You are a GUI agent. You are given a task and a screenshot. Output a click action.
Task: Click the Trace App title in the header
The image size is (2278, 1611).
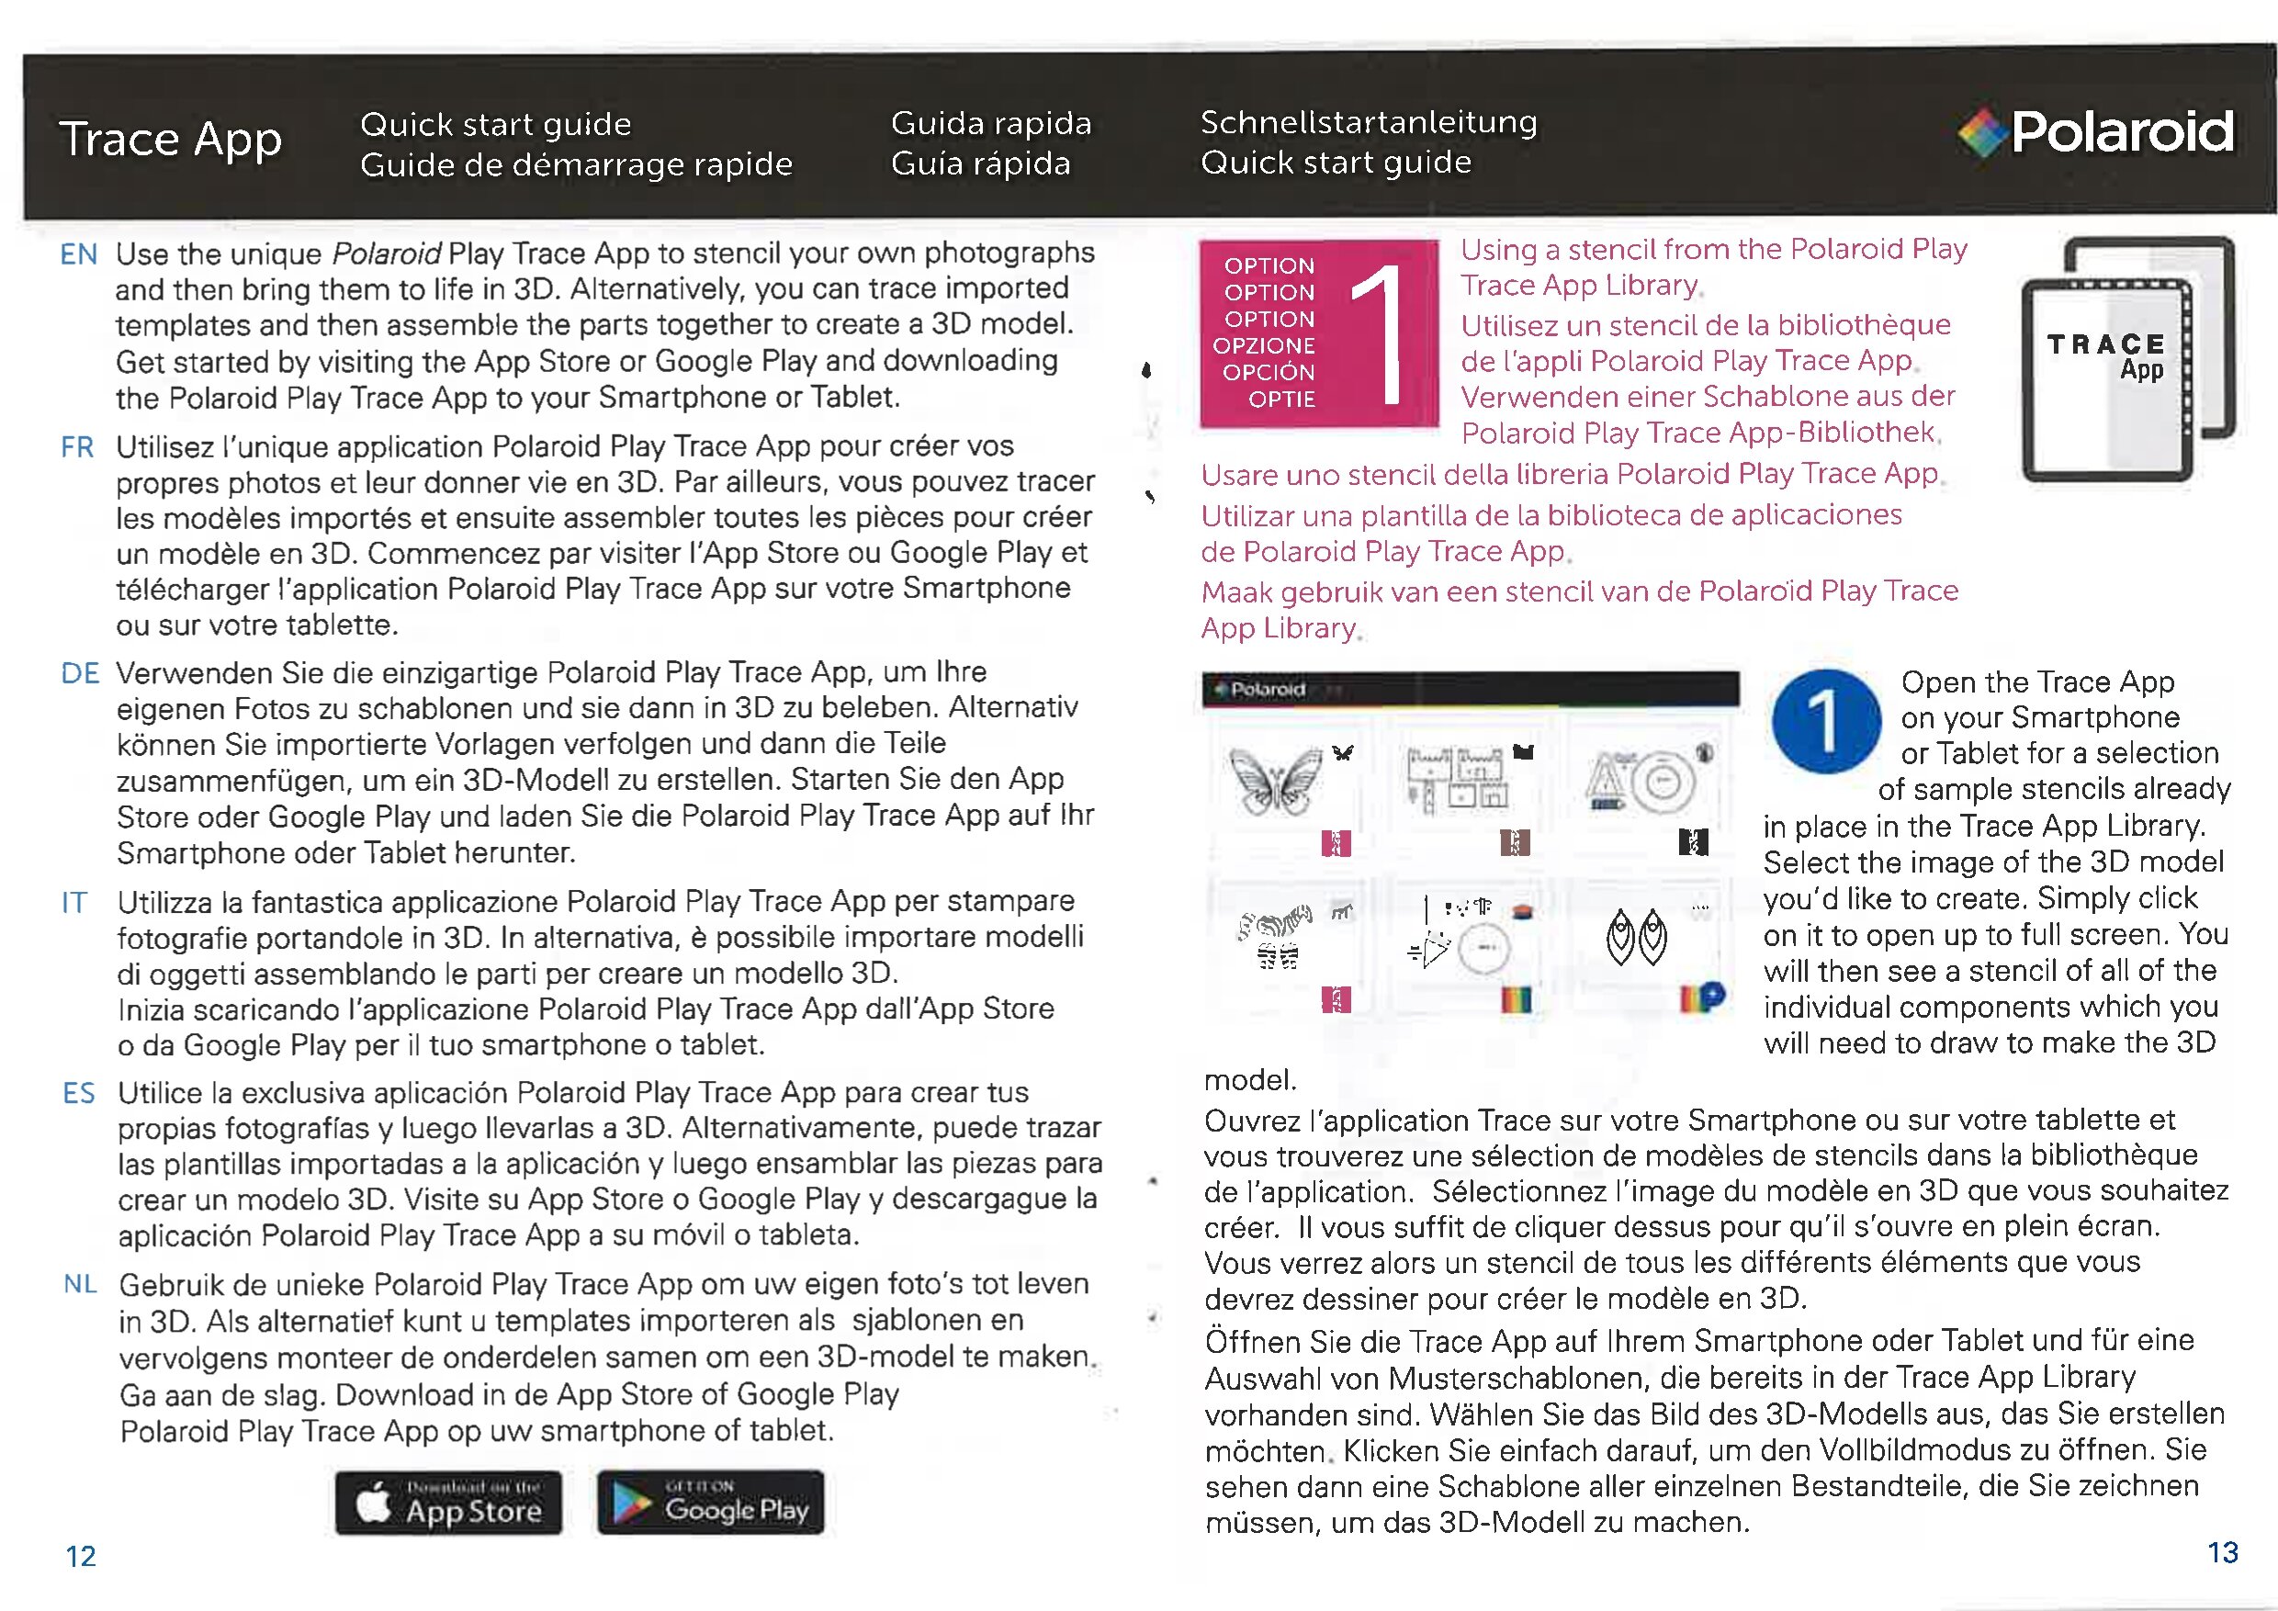pos(171,139)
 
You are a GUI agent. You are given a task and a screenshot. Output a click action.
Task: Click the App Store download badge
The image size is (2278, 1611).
pos(448,1503)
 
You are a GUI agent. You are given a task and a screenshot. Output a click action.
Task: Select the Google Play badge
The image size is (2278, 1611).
pos(710,1503)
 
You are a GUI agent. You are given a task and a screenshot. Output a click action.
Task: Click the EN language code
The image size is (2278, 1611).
pos(78,255)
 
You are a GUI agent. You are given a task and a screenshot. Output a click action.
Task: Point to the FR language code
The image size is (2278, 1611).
pos(77,447)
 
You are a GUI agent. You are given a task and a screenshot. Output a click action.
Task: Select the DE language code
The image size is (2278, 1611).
pos(80,673)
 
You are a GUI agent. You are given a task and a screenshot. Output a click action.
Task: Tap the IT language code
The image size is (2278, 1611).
pos(74,903)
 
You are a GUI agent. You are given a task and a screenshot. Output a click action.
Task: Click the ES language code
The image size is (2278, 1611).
pos(78,1093)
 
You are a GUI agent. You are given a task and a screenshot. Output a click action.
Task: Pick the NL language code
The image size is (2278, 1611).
pos(80,1285)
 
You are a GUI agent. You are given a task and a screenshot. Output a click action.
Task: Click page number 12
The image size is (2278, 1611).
pos(80,1556)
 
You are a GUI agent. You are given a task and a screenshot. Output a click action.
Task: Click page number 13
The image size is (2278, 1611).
pos(2223,1551)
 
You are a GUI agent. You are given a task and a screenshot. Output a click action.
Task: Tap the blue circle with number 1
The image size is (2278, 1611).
pos(1825,721)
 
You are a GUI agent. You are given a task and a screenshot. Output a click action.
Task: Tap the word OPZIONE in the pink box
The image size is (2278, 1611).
pos(1263,346)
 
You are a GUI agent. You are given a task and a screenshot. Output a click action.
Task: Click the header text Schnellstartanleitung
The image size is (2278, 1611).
pos(1369,122)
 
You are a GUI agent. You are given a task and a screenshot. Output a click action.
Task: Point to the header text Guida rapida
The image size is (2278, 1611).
pos(990,123)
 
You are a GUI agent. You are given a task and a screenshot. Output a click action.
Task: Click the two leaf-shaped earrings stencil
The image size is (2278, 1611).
pos(1636,938)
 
